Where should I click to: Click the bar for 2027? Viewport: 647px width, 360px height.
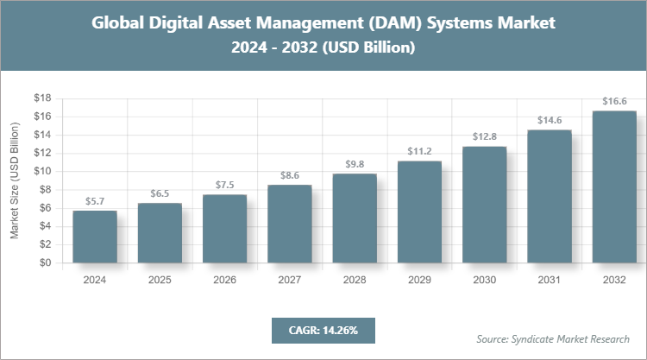[x=289, y=224]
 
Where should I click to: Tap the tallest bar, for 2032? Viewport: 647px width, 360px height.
[x=613, y=187]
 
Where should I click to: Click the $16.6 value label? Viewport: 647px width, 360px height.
[x=613, y=101]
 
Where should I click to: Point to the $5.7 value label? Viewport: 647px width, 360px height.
[x=95, y=201]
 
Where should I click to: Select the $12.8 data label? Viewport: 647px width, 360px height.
[x=484, y=136]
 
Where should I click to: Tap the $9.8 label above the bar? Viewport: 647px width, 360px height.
[x=355, y=164]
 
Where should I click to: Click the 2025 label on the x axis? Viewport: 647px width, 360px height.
[x=160, y=280]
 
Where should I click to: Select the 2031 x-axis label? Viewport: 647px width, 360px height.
[x=549, y=280]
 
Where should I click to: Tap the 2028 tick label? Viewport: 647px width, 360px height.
[x=355, y=280]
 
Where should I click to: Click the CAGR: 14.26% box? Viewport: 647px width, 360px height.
[x=323, y=330]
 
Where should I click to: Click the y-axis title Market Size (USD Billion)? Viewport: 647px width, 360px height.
[x=15, y=181]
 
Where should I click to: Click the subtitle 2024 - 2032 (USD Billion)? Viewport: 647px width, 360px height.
[x=323, y=48]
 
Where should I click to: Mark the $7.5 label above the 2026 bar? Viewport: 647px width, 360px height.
[x=224, y=185]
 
